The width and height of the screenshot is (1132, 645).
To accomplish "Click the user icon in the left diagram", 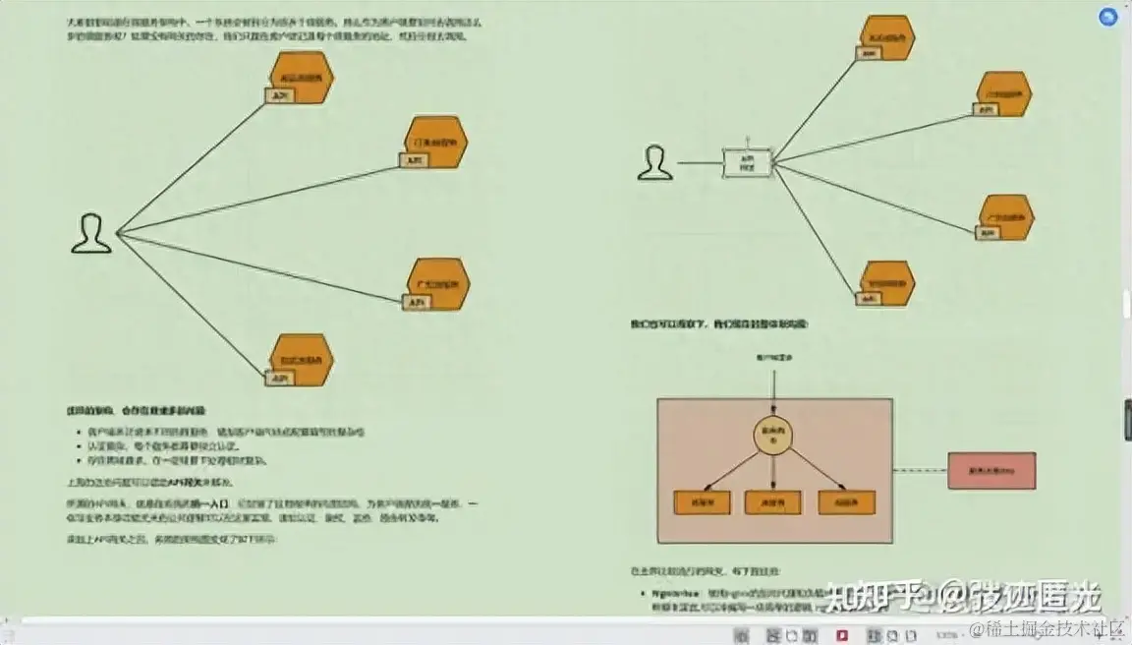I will pyautogui.click(x=91, y=234).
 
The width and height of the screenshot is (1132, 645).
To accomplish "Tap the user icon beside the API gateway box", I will pyautogui.click(x=654, y=163).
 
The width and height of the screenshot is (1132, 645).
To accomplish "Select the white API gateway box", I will pyautogui.click(x=746, y=162).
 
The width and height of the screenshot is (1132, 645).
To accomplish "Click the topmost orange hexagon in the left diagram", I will pyautogui.click(x=302, y=78).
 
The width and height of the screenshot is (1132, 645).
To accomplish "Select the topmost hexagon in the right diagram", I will pyautogui.click(x=885, y=38).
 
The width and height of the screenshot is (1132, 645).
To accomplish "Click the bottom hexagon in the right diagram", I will pyautogui.click(x=886, y=283).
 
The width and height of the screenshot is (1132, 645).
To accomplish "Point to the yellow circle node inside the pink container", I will pyautogui.click(x=772, y=437).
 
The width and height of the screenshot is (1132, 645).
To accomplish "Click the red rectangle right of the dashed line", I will pyautogui.click(x=990, y=471).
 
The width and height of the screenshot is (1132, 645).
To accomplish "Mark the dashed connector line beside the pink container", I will pyautogui.click(x=920, y=471).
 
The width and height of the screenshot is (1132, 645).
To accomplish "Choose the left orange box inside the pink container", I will pyautogui.click(x=702, y=501).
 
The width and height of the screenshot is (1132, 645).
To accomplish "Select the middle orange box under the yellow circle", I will pyautogui.click(x=773, y=501).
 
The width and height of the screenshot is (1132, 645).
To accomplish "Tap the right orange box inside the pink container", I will pyautogui.click(x=846, y=501).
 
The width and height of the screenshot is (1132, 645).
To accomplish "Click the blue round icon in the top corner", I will pyautogui.click(x=1109, y=17).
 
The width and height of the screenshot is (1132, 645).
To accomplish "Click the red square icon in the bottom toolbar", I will pyautogui.click(x=842, y=633).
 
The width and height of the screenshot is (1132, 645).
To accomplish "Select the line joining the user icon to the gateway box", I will pyautogui.click(x=699, y=163).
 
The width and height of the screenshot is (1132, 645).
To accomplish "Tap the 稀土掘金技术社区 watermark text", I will pyautogui.click(x=1047, y=627).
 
